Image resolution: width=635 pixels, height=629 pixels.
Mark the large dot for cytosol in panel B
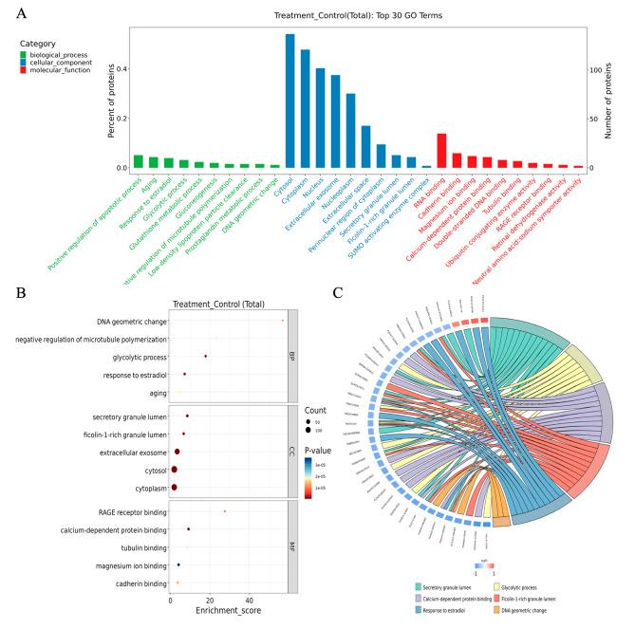coord(174,470)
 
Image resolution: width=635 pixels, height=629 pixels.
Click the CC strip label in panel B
coord(291,442)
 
